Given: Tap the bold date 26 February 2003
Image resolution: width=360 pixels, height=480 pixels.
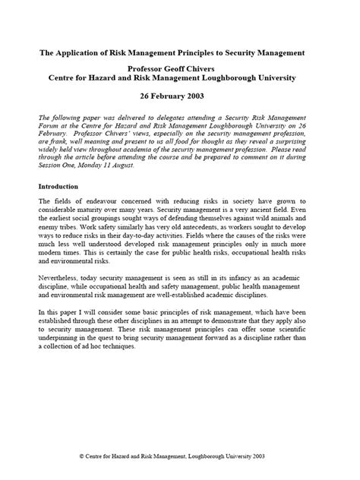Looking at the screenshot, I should click(x=180, y=97).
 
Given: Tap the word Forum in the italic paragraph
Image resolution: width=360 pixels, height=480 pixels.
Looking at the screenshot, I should click(x=50, y=131).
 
